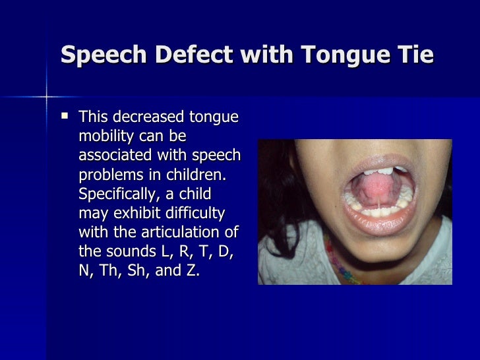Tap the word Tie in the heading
coord(414,55)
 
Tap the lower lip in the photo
coord(376,225)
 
